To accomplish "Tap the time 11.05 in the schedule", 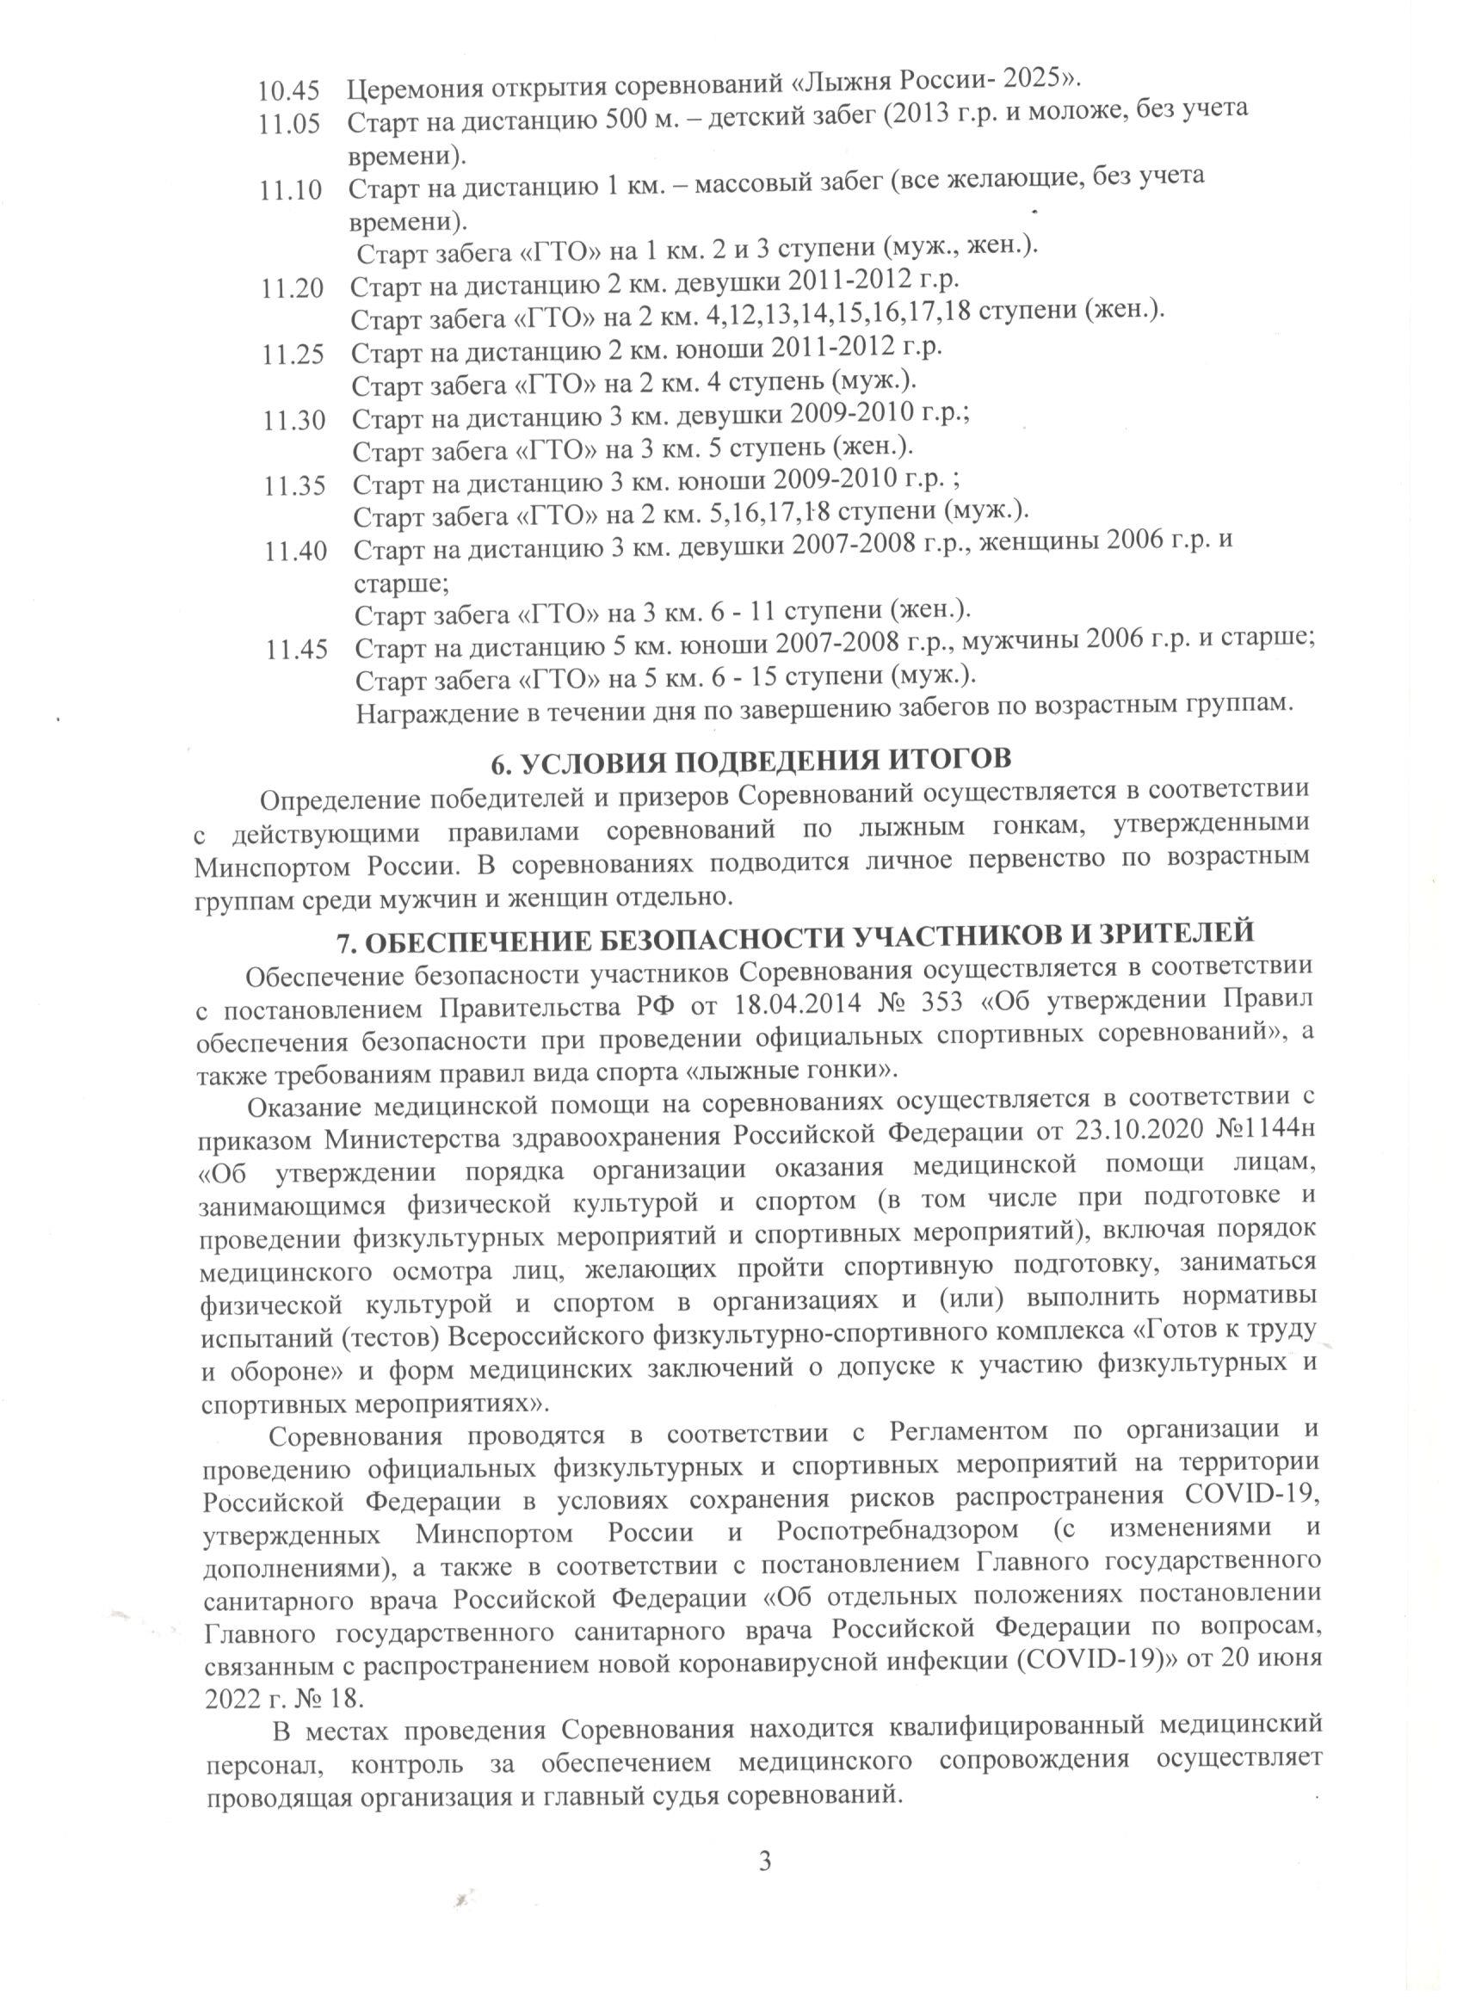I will coord(287,126).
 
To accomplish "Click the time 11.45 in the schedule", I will coord(296,651).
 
